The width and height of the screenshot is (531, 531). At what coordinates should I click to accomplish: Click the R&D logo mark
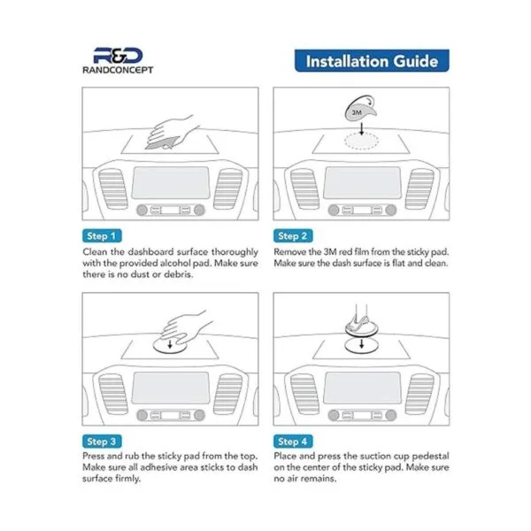tap(118, 56)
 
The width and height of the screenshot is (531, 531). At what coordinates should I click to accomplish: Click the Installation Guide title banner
tap(372, 61)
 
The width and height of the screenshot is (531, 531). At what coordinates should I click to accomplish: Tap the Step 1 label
tap(102, 236)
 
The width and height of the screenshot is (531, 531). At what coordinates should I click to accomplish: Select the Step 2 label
tap(293, 236)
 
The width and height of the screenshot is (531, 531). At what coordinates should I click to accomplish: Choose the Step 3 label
tap(102, 442)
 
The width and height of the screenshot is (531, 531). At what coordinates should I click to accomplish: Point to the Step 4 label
tap(293, 442)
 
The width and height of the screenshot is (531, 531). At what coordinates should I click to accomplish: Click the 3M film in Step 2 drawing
tap(359, 110)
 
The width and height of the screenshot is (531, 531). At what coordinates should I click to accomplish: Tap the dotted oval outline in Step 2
tap(362, 141)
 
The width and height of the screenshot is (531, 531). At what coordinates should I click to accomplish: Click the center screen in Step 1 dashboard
tap(171, 183)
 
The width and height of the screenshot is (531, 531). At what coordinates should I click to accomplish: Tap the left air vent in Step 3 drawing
tap(113, 394)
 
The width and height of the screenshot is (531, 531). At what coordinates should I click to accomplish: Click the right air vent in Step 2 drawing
tap(419, 189)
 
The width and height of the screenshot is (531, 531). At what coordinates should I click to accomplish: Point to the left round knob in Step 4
tap(334, 415)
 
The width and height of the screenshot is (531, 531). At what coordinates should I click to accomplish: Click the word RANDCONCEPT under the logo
tap(118, 70)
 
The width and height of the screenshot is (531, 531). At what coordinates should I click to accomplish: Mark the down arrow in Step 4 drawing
tap(362, 344)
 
